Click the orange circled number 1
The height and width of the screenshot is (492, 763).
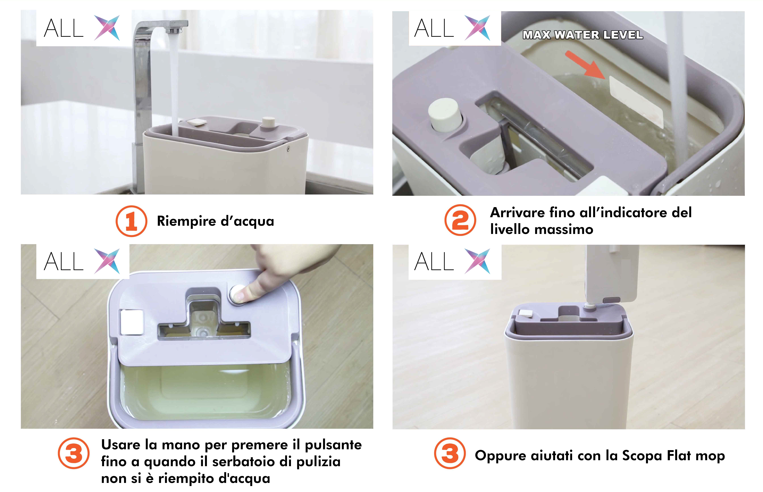click(131, 221)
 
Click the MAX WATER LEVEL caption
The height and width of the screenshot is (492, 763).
click(582, 35)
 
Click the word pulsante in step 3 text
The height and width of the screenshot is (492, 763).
click(333, 445)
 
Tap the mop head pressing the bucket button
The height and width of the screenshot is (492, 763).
click(612, 275)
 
